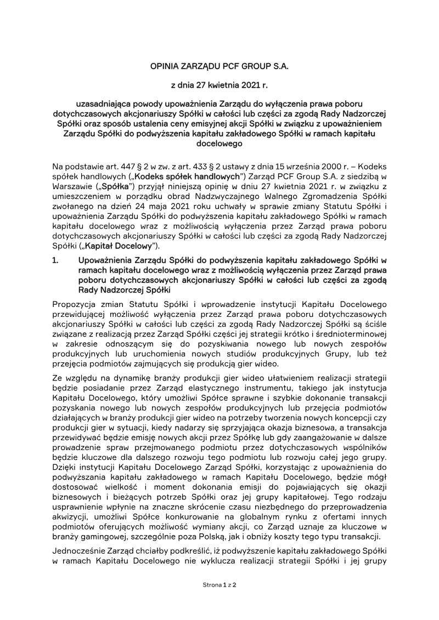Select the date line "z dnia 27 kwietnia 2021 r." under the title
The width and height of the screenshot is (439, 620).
pos(219,85)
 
